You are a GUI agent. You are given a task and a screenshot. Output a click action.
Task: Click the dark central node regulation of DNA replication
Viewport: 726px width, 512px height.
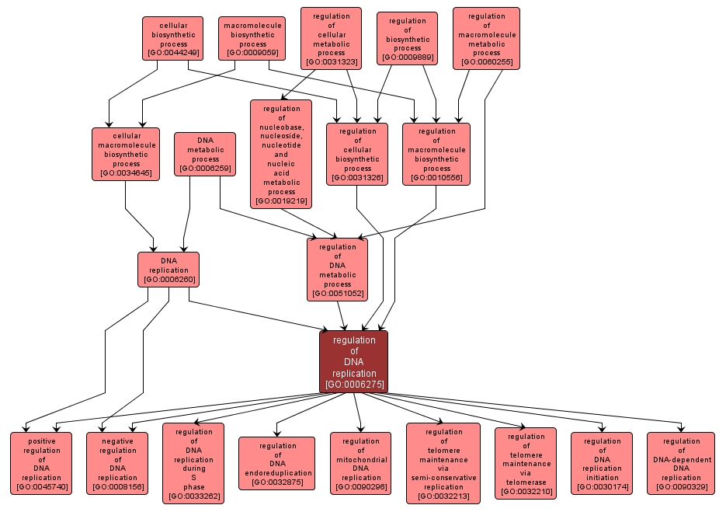click(x=353, y=362)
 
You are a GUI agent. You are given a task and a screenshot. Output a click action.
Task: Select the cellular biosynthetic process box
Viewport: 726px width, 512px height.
click(x=172, y=39)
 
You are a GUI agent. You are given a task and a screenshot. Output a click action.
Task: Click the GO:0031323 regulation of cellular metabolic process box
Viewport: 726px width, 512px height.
click(x=331, y=38)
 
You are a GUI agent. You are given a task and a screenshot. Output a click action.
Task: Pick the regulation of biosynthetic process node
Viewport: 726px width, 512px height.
click(x=407, y=38)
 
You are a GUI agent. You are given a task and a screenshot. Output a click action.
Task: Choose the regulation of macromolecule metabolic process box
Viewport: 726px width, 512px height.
click(x=486, y=38)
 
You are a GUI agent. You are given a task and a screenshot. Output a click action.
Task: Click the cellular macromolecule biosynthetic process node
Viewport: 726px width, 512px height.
click(x=126, y=154)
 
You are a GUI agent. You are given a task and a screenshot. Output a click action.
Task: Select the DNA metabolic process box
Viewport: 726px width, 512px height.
click(x=205, y=154)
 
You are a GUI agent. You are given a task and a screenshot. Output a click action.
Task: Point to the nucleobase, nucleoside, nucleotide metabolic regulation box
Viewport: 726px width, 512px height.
click(x=281, y=154)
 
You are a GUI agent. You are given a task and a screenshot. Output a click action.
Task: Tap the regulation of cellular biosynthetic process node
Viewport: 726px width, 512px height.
click(x=357, y=154)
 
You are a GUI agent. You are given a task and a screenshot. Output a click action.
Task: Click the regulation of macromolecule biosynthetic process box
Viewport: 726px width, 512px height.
click(x=436, y=154)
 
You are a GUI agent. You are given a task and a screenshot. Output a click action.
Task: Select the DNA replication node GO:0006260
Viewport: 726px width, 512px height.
click(x=168, y=270)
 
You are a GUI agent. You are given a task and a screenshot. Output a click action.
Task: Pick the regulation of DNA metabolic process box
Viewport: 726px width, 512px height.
click(x=337, y=270)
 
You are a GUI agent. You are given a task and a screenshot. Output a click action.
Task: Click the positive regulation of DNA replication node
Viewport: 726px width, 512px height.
click(x=40, y=464)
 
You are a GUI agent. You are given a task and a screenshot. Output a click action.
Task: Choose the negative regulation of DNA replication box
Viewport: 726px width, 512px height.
click(x=117, y=464)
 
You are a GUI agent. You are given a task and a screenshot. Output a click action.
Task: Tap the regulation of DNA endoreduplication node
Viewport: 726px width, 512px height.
click(x=277, y=464)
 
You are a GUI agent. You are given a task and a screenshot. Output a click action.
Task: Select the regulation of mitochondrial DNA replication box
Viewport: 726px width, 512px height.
click(x=360, y=464)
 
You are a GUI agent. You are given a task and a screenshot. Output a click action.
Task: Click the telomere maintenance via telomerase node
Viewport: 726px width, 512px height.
click(x=526, y=464)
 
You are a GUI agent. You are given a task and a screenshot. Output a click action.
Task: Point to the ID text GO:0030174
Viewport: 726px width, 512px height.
click(x=602, y=487)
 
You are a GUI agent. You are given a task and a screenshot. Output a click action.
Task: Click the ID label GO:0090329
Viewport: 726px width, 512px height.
click(x=681, y=487)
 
